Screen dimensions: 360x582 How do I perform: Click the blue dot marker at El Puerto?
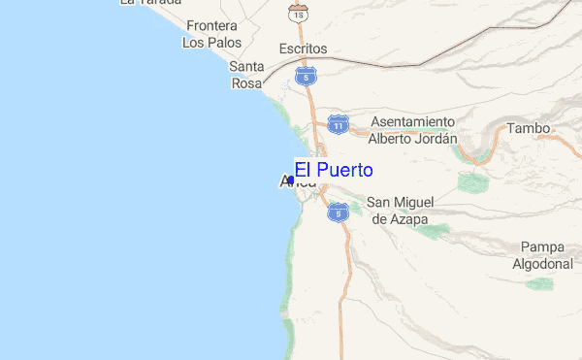point(291,180)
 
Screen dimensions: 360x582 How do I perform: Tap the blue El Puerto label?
point(334,171)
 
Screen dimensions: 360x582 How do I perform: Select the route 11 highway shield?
point(337,125)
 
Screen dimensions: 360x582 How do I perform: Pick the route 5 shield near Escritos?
point(307,75)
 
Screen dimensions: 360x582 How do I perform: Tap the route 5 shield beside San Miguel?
point(338,211)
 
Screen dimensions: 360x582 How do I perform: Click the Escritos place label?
point(303,49)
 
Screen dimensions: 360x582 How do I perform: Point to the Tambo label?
point(528,128)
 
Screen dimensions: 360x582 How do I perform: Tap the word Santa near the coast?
point(246,66)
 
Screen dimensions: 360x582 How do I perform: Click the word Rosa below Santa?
point(246,83)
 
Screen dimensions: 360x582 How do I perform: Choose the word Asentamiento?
point(412,122)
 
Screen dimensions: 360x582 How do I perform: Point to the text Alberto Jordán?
point(412,139)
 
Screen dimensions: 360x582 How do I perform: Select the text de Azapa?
point(399,219)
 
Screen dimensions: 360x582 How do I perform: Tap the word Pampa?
point(542,246)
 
